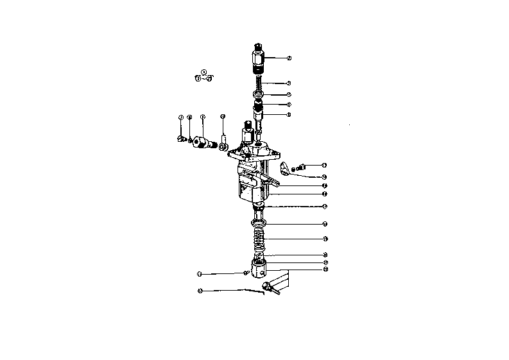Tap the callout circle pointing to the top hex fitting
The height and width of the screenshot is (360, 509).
(290, 58)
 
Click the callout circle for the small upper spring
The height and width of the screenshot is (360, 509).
(289, 83)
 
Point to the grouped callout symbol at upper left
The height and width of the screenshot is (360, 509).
(203, 76)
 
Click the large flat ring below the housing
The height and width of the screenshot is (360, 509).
(259, 223)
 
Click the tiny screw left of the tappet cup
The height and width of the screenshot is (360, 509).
(246, 274)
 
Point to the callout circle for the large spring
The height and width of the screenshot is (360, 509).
(325, 239)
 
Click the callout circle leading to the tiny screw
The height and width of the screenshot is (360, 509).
(200, 274)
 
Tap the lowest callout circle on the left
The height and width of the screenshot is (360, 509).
(200, 291)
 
